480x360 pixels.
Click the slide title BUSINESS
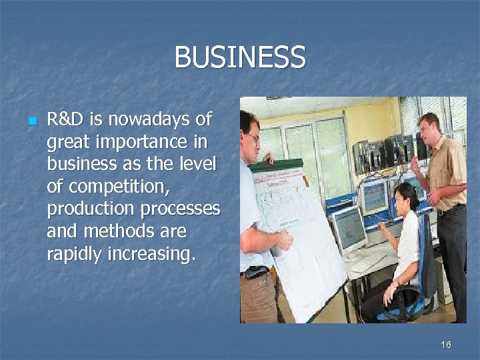point(240,57)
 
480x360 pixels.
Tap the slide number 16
point(446,345)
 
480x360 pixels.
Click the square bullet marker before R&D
point(31,121)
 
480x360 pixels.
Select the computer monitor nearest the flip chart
point(349,228)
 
